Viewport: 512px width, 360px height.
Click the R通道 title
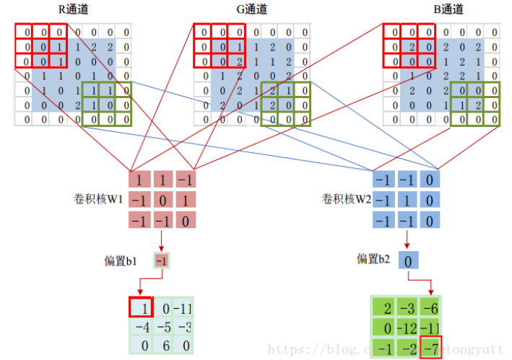[74, 9]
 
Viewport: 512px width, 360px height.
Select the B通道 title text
[448, 9]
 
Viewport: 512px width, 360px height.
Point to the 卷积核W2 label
[346, 198]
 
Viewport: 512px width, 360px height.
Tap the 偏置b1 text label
[120, 260]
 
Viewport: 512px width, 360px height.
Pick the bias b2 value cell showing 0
[407, 259]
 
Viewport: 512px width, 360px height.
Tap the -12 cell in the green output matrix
[407, 328]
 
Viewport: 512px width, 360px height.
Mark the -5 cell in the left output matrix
[164, 327]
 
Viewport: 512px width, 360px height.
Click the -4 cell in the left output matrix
[142, 327]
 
